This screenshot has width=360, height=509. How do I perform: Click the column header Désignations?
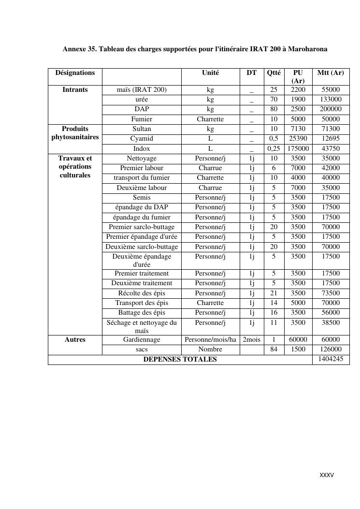click(x=75, y=73)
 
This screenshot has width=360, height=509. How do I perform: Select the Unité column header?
click(x=210, y=73)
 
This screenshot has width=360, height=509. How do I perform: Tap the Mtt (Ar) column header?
click(x=331, y=73)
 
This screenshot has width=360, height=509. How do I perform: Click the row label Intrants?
click(x=75, y=90)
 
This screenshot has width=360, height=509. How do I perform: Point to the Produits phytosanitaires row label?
click(x=75, y=133)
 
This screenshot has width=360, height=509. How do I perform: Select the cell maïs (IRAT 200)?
click(x=142, y=90)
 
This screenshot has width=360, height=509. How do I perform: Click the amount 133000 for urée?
click(x=331, y=100)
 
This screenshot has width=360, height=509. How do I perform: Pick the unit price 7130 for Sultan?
click(x=298, y=129)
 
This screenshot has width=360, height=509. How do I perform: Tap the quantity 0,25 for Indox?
click(x=274, y=149)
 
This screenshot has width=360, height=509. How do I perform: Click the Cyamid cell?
click(x=142, y=139)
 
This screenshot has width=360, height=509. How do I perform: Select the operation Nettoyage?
click(x=142, y=159)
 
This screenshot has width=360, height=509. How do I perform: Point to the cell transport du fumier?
click(x=142, y=178)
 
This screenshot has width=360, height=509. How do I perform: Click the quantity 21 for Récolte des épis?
click(x=274, y=293)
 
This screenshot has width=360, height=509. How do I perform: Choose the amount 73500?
click(x=331, y=293)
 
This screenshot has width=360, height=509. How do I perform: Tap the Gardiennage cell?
click(x=142, y=340)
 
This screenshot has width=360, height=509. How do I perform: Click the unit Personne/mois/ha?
click(x=210, y=340)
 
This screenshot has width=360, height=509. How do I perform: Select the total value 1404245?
click(x=331, y=359)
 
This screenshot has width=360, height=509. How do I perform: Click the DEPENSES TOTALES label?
click(x=180, y=360)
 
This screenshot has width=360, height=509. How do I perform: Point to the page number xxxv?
click(x=327, y=475)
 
